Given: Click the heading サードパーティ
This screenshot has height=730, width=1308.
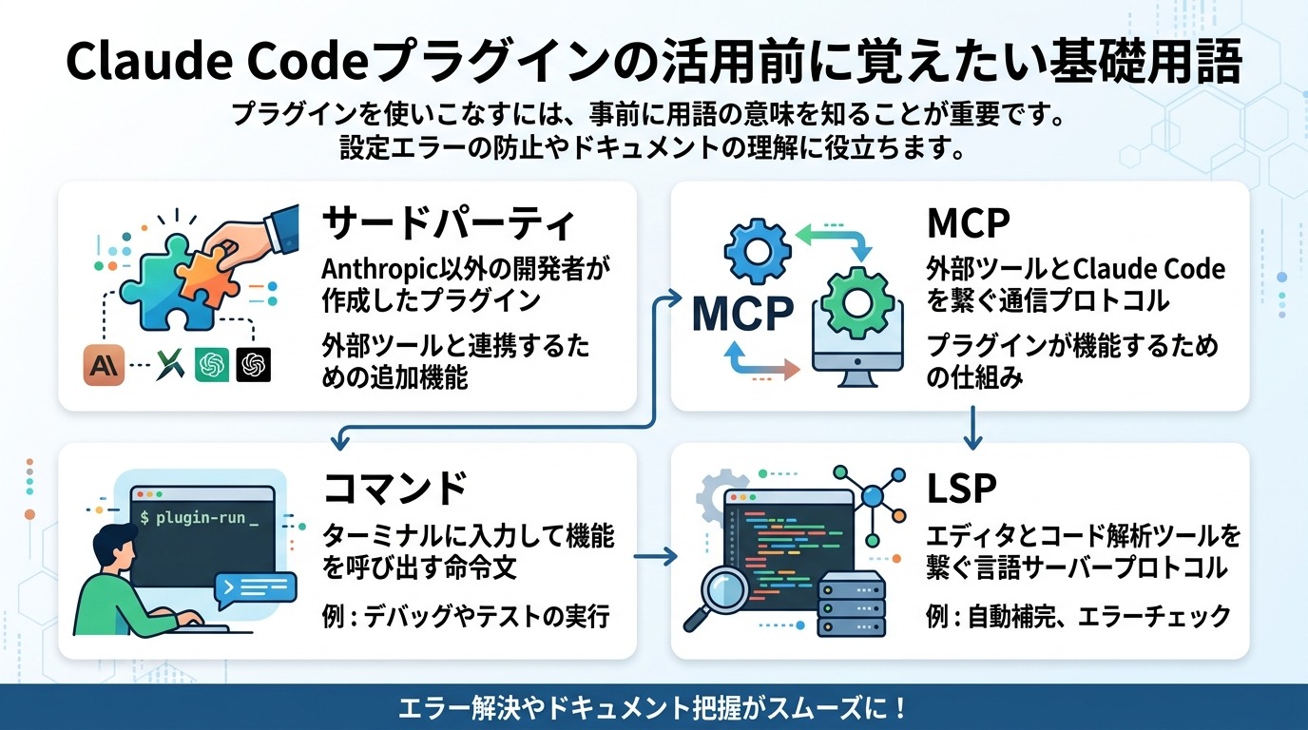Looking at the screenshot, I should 450,224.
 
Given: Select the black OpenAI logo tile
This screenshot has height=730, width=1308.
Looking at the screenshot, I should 254,365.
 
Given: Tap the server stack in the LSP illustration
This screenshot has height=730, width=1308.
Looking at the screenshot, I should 851,605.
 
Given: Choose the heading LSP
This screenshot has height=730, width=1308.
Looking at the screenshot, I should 961,487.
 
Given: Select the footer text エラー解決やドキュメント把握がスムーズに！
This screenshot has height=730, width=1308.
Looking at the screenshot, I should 653,709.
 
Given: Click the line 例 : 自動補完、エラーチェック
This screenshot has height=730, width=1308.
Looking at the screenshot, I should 1078,616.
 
